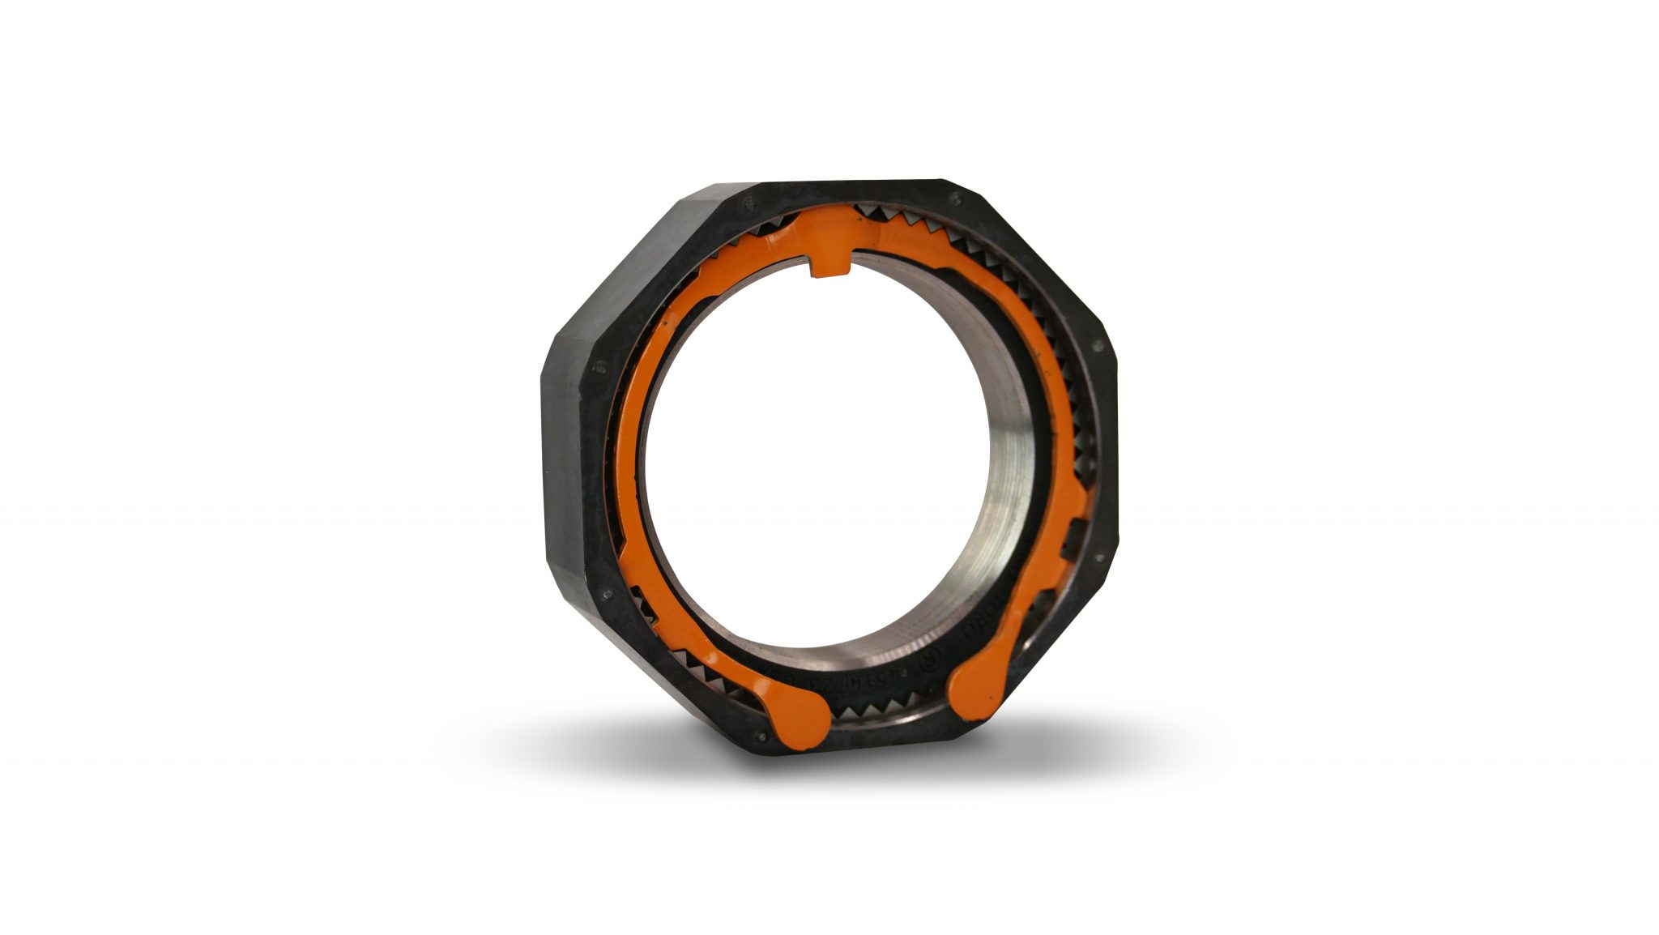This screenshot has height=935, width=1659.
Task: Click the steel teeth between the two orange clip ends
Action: [x=886, y=713]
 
